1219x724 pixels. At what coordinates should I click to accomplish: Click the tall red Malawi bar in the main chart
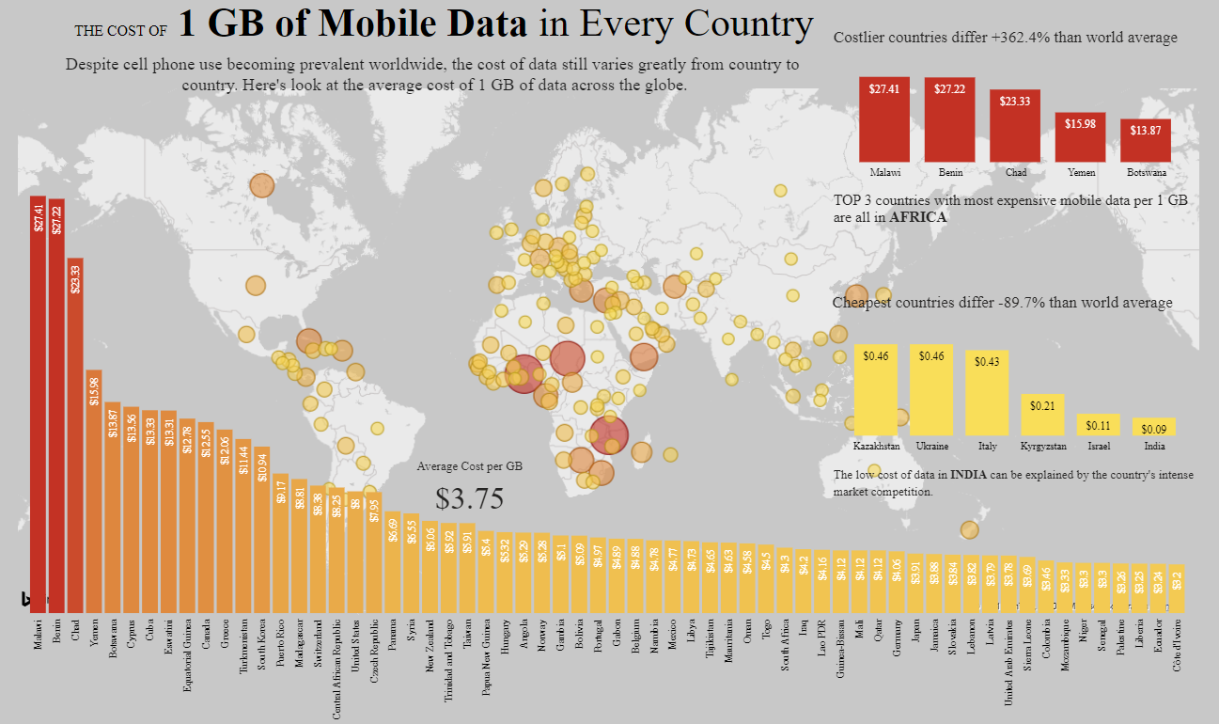pyautogui.click(x=38, y=404)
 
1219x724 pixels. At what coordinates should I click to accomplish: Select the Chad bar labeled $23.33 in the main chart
pyautogui.click(x=75, y=433)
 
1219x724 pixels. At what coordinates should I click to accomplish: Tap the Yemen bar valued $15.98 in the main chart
pyautogui.click(x=94, y=489)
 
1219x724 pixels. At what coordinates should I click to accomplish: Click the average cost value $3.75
pyautogui.click(x=470, y=499)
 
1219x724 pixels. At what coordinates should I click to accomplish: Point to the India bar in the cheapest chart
pyautogui.click(x=1154, y=427)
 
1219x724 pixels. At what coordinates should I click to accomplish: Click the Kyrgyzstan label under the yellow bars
pyautogui.click(x=1042, y=446)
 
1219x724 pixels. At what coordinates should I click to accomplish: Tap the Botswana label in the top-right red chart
pyautogui.click(x=1146, y=173)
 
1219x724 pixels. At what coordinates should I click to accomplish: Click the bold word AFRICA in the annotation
pyautogui.click(x=918, y=217)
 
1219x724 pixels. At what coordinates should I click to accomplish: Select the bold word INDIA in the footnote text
pyautogui.click(x=968, y=475)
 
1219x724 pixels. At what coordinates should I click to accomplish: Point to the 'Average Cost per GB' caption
pyautogui.click(x=470, y=466)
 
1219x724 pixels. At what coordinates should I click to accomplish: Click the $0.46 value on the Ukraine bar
pyautogui.click(x=931, y=356)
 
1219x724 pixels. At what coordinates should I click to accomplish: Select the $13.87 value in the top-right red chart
pyautogui.click(x=1146, y=130)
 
